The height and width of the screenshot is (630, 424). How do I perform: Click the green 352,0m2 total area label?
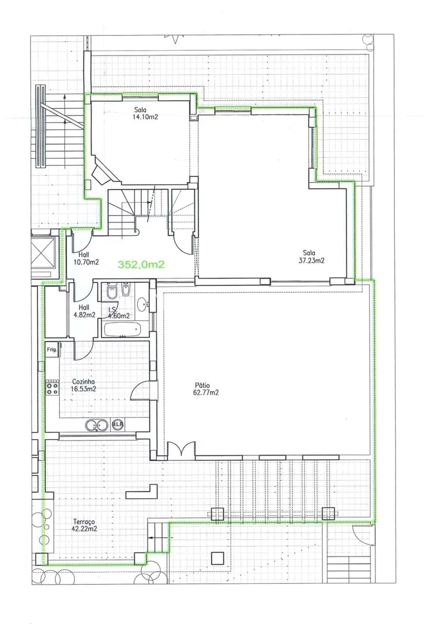(141, 264)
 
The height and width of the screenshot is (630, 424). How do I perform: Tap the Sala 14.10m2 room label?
(145, 113)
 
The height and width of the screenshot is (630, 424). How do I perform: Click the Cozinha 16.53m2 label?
(83, 385)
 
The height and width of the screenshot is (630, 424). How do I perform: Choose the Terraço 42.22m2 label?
(84, 525)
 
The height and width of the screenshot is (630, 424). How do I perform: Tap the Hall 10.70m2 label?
(86, 259)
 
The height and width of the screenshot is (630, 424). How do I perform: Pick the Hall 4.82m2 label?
(84, 311)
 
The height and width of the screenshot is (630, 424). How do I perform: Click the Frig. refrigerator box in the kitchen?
(52, 349)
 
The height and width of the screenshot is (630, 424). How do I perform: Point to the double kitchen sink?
(97, 425)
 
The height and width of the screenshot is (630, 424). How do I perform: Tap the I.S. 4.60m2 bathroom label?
(119, 313)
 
